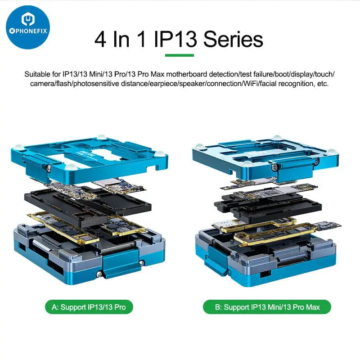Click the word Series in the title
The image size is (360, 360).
(x=233, y=40)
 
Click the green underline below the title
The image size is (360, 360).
(x=180, y=55)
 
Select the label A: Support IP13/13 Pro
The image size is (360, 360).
(x=89, y=307)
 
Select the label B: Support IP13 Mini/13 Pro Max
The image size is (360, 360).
(x=266, y=307)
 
